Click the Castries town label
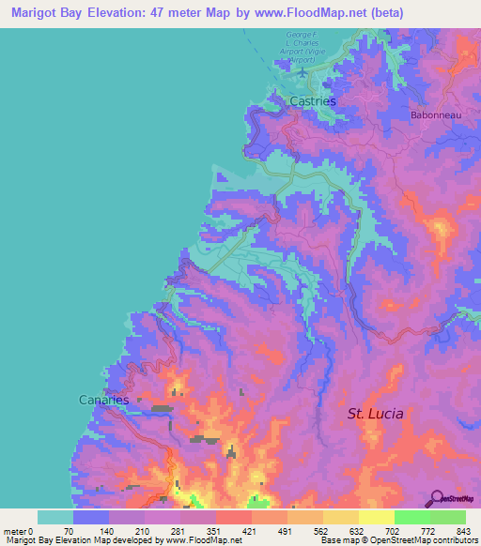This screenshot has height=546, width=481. pos(313,100)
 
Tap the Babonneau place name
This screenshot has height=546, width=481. pos(434,115)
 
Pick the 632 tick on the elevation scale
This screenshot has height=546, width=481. pos(358,532)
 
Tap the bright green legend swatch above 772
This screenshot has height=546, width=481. pos(411,517)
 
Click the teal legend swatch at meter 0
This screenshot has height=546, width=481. pos(54,517)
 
